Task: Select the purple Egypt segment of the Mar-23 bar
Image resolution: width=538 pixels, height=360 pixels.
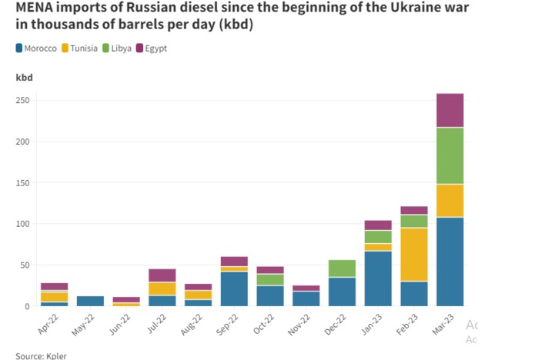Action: point(449,110)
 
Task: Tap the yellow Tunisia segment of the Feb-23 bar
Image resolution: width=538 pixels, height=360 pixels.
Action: point(413,255)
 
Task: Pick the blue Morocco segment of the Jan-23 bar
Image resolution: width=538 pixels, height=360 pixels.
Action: point(378,278)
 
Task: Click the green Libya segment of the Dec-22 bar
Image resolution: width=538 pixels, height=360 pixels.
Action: point(342,268)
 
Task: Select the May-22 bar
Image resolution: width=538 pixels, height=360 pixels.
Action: point(90,301)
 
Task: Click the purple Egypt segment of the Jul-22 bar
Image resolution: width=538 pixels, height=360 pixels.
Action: point(162,275)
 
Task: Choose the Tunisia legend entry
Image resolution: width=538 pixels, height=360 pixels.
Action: point(84,48)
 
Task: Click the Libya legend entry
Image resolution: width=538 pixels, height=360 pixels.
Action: point(123,48)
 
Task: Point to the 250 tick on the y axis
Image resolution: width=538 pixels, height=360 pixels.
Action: point(25,101)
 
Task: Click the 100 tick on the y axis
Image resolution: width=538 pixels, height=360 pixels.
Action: point(25,224)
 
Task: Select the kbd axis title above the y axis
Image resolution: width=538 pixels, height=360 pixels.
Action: point(24,77)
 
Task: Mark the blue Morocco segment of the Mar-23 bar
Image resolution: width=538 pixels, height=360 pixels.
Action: point(449,262)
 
